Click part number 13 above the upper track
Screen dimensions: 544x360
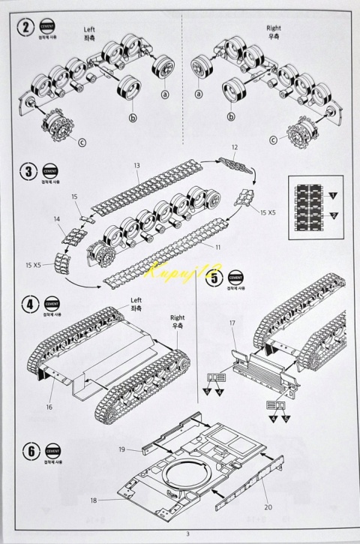point(136,165)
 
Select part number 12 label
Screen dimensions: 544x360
point(234,147)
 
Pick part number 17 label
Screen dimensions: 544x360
point(233,324)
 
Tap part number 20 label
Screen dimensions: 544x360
point(267,506)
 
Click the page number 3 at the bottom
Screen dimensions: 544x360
point(180,534)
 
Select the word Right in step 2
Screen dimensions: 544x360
point(273,27)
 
